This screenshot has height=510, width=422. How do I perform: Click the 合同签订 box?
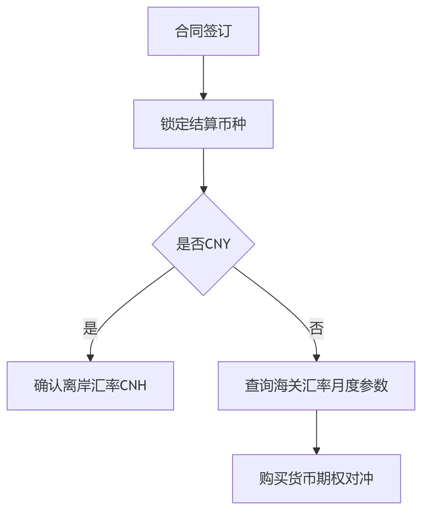click(x=203, y=31)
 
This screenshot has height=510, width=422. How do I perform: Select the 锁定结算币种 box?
click(x=203, y=124)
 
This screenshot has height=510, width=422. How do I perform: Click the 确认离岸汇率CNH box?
click(x=90, y=385)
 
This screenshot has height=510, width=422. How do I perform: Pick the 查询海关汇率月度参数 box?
click(x=316, y=385)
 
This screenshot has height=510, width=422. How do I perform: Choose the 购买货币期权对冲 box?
click(x=316, y=478)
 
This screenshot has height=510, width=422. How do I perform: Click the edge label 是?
click(x=90, y=328)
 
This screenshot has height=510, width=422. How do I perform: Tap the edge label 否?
click(x=316, y=328)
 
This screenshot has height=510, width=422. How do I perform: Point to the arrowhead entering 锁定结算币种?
click(x=203, y=97)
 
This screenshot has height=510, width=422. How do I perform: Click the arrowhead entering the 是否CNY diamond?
click(x=204, y=190)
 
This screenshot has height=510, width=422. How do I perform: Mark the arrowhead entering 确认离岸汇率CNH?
click(x=90, y=358)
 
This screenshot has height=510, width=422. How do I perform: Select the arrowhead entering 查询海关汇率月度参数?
click(x=316, y=358)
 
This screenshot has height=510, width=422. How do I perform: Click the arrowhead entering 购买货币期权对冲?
click(x=316, y=451)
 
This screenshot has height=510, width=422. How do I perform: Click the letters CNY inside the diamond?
click(x=218, y=244)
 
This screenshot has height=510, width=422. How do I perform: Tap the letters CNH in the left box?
click(x=133, y=385)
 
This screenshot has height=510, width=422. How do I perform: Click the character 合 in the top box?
click(x=182, y=31)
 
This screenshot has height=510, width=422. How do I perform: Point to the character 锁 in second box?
click(x=167, y=124)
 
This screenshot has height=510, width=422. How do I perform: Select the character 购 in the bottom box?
click(x=266, y=478)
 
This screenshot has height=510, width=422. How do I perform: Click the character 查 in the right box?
click(x=252, y=385)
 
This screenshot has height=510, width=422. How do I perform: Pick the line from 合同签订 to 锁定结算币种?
click(x=203, y=74)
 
